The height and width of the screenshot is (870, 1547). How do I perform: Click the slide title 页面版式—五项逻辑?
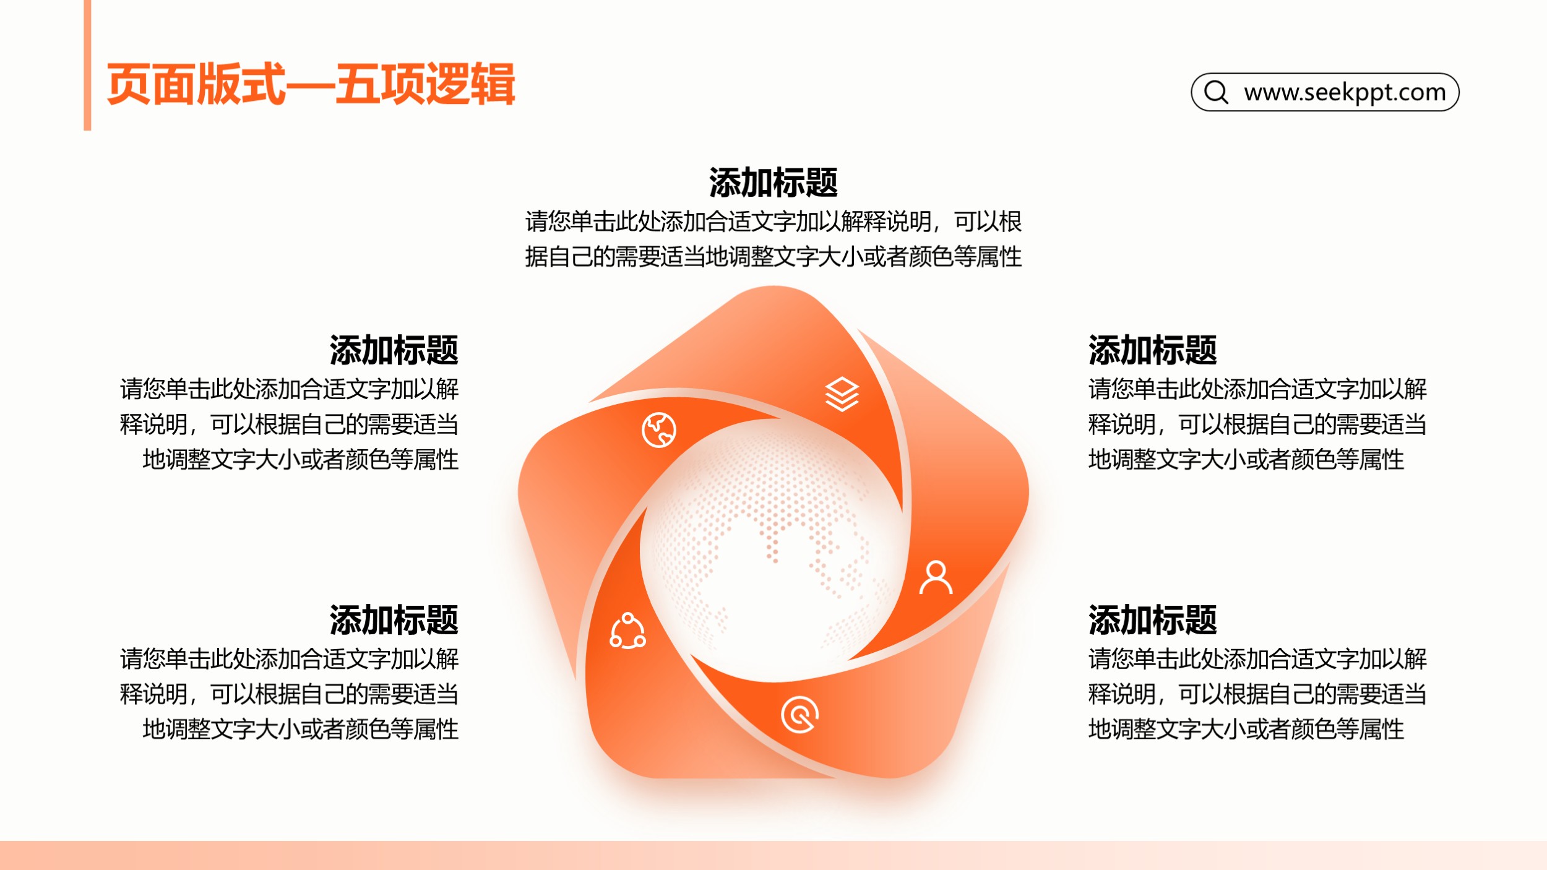pos(311,84)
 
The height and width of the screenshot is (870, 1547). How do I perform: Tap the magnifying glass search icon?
pos(1216,92)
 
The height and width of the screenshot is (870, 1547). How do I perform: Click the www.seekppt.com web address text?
pos(1345,92)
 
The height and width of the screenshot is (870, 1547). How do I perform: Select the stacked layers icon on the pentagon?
pos(842,394)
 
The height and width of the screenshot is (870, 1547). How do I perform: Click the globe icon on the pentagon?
pos(659,430)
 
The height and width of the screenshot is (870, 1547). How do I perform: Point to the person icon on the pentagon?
pos(936,577)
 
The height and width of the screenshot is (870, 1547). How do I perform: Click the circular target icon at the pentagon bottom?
pos(799,715)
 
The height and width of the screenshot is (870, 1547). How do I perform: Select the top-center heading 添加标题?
pos(773,183)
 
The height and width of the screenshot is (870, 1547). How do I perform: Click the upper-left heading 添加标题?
pos(394,350)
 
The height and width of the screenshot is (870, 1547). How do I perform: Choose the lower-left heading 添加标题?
pos(394,620)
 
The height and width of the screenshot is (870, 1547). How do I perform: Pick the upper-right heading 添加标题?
pos(1153,350)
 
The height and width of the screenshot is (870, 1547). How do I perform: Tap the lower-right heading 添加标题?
pos(1153,620)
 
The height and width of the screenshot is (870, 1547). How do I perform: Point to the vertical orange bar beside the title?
pos(87,65)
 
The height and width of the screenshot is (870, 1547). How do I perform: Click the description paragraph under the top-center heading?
pos(773,239)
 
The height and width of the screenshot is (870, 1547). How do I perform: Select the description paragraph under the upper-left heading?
pos(290,424)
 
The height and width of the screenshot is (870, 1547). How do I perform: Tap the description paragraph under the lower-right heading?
pos(1257,694)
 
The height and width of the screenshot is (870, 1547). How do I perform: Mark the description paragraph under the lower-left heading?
pos(290,694)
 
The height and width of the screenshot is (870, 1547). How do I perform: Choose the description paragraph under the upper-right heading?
pos(1257,424)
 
